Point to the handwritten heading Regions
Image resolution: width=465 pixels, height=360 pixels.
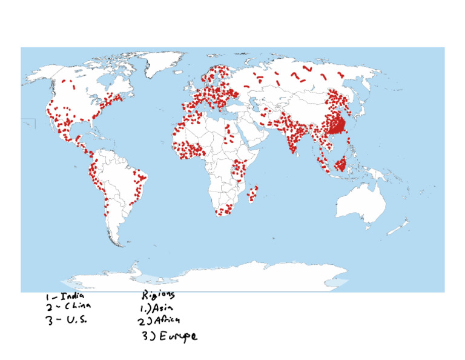[158, 295]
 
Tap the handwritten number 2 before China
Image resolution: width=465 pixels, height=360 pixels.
[49, 307]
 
